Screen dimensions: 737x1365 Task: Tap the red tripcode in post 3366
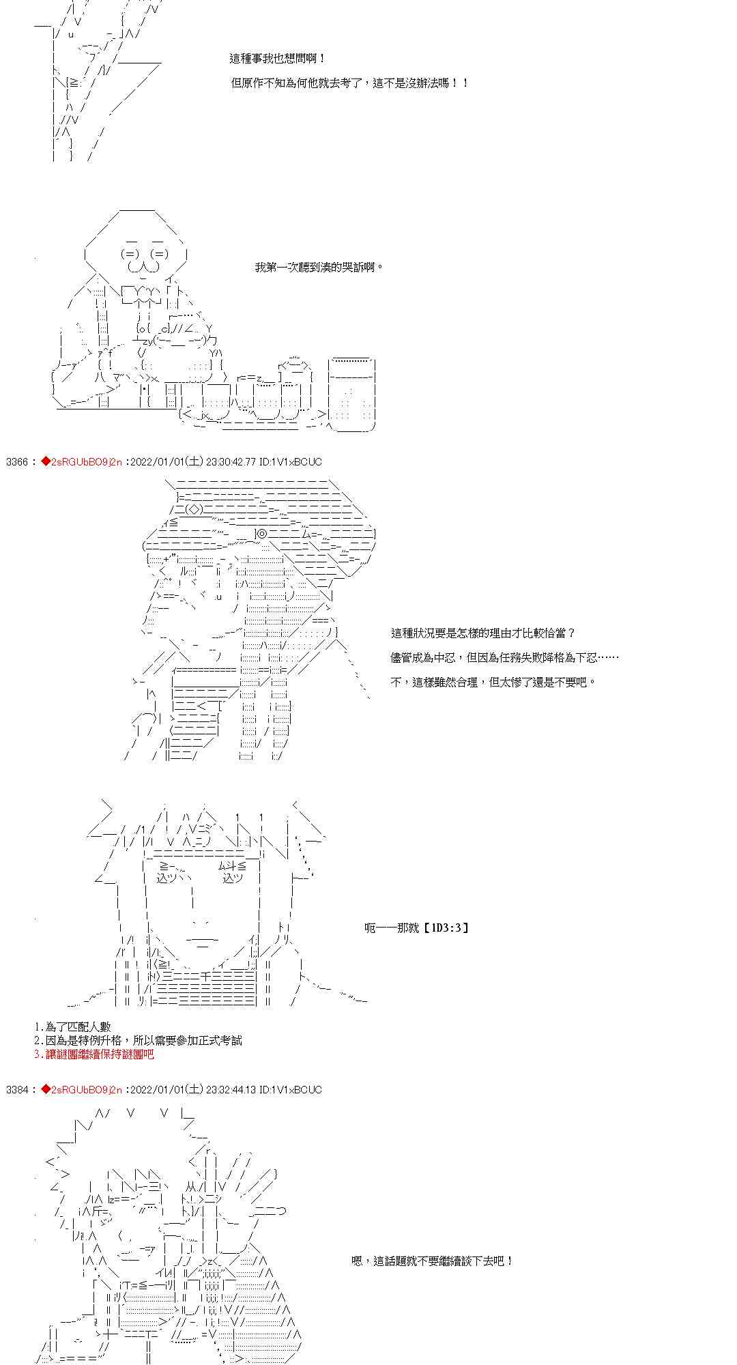81,462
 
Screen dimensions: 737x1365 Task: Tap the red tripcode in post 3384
81,1090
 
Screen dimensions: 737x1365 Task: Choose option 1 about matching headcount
72,1027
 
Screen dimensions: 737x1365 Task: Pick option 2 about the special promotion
137,1041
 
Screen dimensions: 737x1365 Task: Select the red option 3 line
93,1054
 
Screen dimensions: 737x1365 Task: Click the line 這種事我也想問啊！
278,59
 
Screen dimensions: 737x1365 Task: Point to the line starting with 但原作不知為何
350,83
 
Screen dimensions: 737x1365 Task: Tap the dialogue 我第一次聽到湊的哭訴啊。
319,268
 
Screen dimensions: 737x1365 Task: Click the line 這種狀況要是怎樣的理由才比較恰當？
483,633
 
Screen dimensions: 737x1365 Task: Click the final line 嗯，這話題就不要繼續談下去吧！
432,1261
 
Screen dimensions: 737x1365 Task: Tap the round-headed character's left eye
131,254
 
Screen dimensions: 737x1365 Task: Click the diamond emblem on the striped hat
194,509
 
